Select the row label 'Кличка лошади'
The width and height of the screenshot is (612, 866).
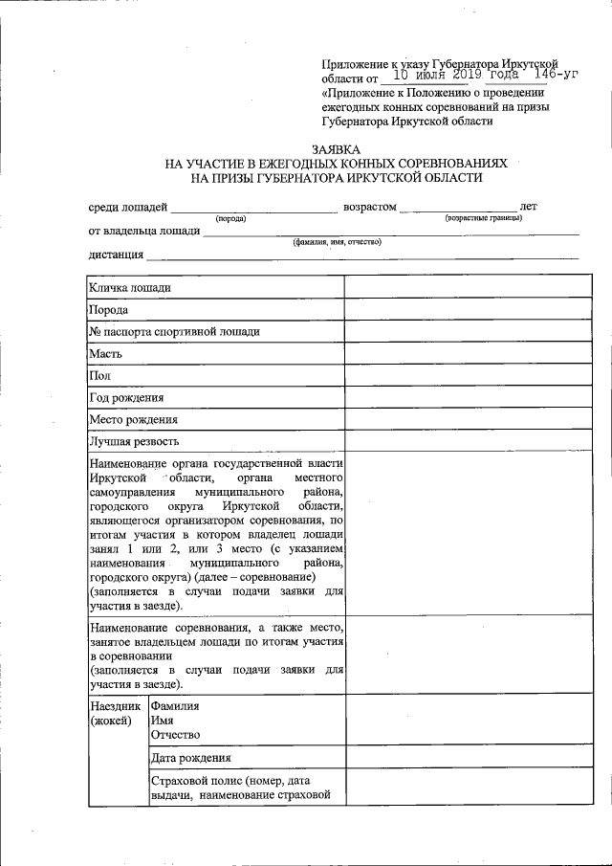[130, 287]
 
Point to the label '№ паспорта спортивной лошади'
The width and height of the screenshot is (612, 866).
[174, 332]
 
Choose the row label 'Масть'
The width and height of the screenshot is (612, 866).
[104, 354]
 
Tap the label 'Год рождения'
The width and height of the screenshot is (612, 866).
[126, 398]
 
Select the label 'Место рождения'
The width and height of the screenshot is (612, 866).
[133, 420]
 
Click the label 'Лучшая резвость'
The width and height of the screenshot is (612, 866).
[134, 442]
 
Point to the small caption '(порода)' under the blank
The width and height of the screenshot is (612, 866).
[230, 219]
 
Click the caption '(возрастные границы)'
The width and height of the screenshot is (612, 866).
[483, 219]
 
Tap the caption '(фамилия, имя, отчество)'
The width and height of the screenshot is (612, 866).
[337, 242]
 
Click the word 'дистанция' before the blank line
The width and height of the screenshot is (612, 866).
[117, 255]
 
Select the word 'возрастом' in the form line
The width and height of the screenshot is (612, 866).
[369, 207]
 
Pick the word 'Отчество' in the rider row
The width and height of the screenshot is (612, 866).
[175, 734]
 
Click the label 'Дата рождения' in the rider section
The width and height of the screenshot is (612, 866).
[190, 759]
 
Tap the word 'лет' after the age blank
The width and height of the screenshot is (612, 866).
[528, 207]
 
